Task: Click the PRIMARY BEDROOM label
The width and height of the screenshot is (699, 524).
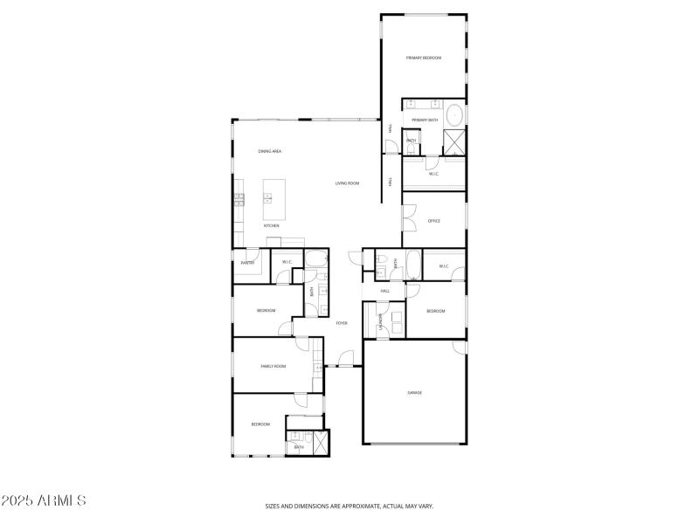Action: click(424, 58)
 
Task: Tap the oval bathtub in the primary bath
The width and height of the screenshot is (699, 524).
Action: click(454, 115)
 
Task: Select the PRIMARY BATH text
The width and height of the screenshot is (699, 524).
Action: click(425, 120)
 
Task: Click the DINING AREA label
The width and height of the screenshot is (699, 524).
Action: click(269, 151)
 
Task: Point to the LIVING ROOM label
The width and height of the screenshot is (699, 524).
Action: click(347, 183)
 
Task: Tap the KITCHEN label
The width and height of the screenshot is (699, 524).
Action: click(272, 225)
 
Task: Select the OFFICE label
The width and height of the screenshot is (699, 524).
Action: click(433, 221)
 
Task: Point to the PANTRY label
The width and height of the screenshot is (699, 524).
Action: click(247, 262)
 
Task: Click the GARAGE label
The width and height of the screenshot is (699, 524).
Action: click(414, 392)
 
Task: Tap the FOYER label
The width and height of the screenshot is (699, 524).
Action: click(342, 323)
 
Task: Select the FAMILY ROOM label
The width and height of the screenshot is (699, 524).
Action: click(273, 366)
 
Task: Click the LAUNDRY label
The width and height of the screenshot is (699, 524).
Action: click(381, 321)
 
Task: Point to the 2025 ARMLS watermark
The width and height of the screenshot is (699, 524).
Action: click(44, 501)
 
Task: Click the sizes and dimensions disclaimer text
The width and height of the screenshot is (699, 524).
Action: click(349, 506)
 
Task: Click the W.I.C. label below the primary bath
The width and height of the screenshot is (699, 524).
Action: click(433, 174)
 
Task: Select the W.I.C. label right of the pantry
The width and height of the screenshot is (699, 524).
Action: click(287, 262)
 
